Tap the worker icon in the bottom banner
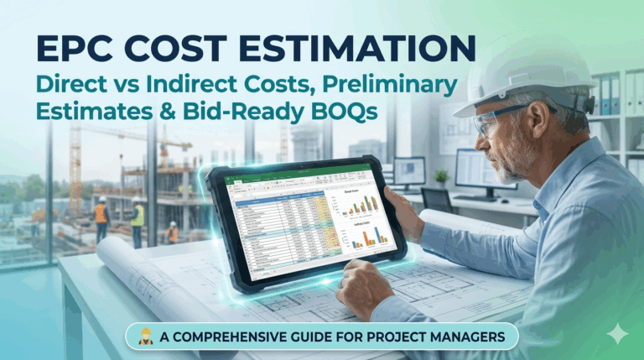point(145,337)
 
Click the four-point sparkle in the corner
point(618,333)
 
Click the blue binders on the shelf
point(609,93)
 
